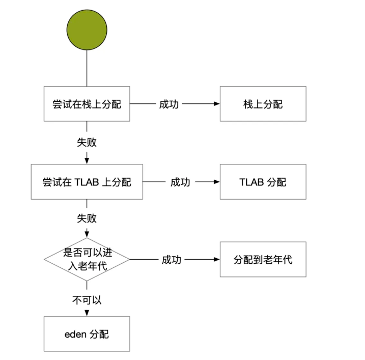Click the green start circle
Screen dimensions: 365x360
87,30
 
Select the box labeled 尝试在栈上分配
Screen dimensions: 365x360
87,104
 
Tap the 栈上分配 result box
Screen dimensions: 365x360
263,104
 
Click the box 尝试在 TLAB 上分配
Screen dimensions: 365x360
87,182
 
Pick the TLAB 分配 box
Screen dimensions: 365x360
263,182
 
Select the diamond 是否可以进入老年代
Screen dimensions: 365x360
87,259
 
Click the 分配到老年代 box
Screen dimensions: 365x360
263,259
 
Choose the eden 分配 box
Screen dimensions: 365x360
87,334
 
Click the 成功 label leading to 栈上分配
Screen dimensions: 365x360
169,104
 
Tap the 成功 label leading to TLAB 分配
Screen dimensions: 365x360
180,182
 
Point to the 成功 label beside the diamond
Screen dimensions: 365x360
172,260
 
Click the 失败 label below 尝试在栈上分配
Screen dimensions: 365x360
87,142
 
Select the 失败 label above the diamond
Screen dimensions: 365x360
87,218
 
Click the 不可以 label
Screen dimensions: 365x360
87,300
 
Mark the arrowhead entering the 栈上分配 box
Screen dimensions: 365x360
217,104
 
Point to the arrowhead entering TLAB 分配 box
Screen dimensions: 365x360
217,182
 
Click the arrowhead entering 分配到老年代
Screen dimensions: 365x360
217,259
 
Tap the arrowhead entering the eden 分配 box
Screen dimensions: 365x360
87,313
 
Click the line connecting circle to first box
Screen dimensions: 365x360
87,68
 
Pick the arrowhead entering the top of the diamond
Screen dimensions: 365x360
87,235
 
